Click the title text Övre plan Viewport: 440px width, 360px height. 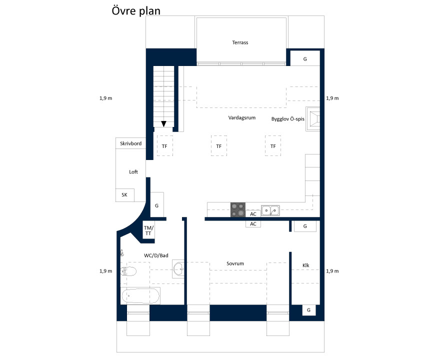(x=136, y=10)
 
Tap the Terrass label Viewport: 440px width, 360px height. (x=240, y=42)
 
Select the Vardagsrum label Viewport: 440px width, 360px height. (x=242, y=117)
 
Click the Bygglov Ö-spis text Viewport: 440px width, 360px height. (x=287, y=119)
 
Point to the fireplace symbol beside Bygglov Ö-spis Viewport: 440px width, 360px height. (x=313, y=119)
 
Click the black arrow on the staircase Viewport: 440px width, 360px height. (x=163, y=123)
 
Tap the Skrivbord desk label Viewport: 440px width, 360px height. (x=131, y=143)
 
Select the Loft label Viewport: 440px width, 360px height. (x=133, y=171)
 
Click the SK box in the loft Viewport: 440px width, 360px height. (x=125, y=195)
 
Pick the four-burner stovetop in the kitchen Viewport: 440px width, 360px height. (x=238, y=209)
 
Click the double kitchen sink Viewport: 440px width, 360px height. (x=270, y=210)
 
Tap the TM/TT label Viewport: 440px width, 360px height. (x=148, y=230)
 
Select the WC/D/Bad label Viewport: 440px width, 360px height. (x=156, y=255)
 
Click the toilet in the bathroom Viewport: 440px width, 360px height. (x=128, y=271)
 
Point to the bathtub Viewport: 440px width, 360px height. (x=140, y=295)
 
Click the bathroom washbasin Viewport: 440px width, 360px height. (x=178, y=269)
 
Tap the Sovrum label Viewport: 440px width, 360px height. (x=235, y=263)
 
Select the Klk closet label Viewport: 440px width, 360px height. (x=306, y=265)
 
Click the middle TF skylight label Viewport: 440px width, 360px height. (x=219, y=146)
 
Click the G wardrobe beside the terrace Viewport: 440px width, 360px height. (x=305, y=58)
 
